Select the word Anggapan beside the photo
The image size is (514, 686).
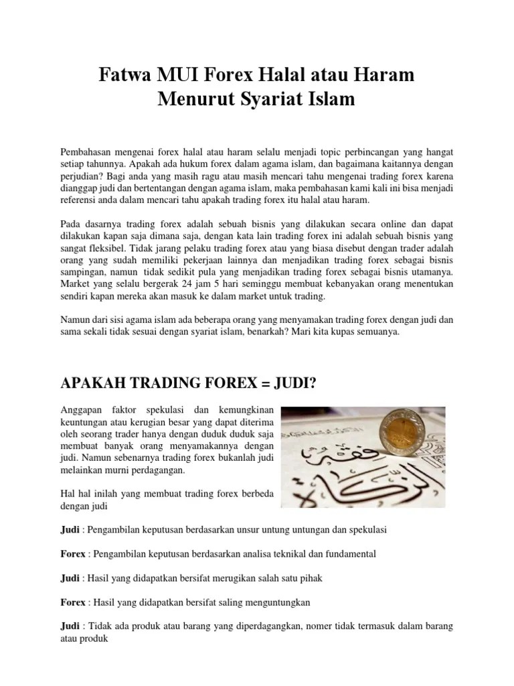coord(83,410)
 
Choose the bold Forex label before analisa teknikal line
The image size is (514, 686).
coord(73,554)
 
